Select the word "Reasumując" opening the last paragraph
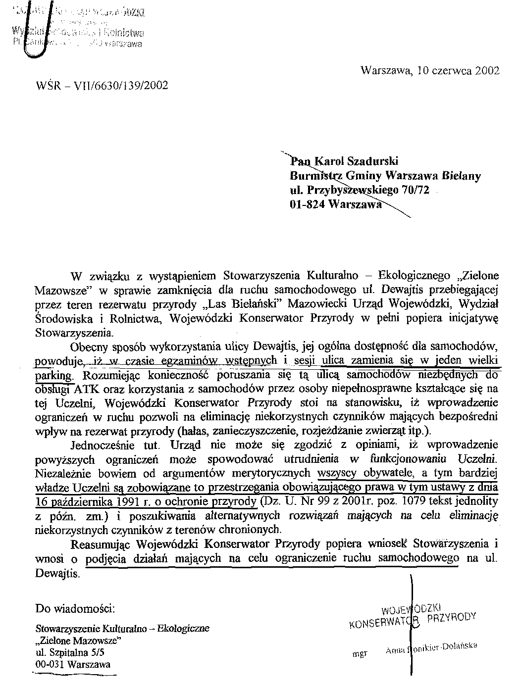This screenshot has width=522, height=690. click(x=102, y=544)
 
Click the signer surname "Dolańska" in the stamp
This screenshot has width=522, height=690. click(x=459, y=646)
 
